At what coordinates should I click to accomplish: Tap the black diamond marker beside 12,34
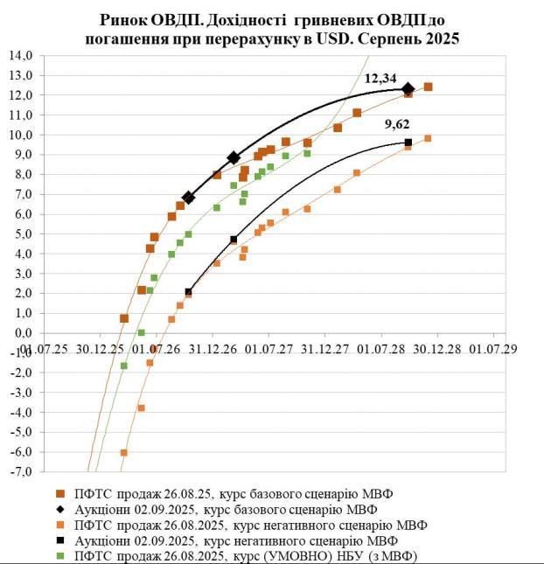(408, 88)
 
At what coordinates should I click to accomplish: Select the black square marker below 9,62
(408, 143)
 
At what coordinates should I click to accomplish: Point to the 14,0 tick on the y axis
(19, 55)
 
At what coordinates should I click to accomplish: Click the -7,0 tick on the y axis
(19, 471)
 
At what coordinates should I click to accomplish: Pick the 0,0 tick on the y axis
(21, 333)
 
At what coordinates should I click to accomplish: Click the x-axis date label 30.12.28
(436, 348)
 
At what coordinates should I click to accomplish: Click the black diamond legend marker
(59, 509)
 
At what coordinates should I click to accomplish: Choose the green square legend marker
(59, 555)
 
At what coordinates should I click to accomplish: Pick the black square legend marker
(59, 540)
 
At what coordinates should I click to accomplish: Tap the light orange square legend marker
(59, 525)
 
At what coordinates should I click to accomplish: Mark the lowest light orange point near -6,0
(124, 452)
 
